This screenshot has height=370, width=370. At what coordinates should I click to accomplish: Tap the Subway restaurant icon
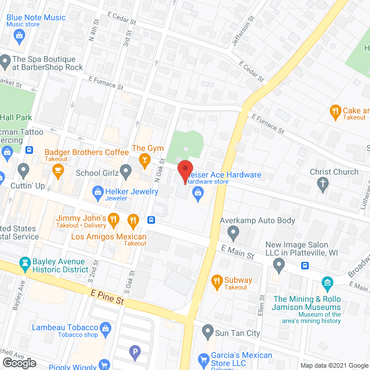(x=217, y=282)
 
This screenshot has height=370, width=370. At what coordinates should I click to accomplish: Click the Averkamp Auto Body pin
(x=234, y=233)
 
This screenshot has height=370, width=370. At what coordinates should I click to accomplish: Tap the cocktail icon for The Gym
(x=145, y=160)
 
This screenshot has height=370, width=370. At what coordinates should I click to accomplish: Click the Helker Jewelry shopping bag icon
(x=97, y=192)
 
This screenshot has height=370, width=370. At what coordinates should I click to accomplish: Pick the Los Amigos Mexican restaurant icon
(x=134, y=220)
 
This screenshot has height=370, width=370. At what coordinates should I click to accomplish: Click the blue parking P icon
(x=135, y=351)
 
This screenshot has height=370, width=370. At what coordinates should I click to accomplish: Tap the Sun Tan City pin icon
(x=208, y=332)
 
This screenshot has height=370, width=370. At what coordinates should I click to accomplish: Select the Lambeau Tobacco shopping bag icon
(x=105, y=329)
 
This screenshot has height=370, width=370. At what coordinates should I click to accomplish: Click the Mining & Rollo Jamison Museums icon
(x=328, y=283)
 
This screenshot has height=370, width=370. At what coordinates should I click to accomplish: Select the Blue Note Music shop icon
(x=19, y=36)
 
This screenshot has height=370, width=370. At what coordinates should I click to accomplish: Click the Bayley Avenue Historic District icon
(x=25, y=265)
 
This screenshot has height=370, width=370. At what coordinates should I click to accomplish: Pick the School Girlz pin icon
(x=127, y=172)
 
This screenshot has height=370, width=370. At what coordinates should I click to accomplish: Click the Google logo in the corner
(x=19, y=363)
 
